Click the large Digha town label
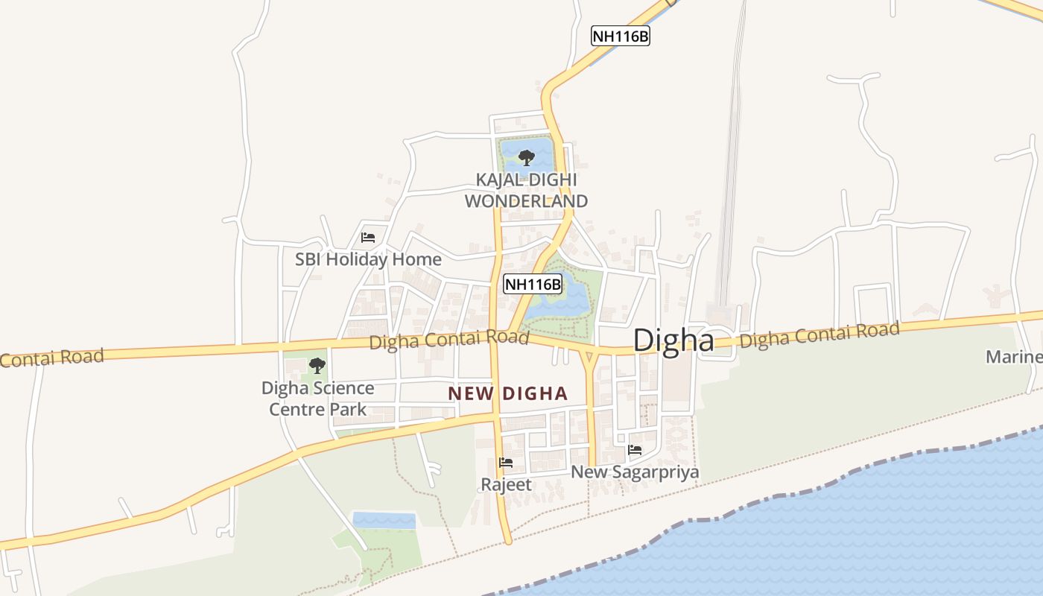673,340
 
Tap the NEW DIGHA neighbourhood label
508,393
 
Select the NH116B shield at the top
620,36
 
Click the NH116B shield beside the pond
532,284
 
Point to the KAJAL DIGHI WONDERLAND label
526,191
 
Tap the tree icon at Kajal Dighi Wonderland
527,157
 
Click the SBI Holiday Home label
368,259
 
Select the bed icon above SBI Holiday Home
367,238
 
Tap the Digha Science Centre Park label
317,399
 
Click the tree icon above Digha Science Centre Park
317,365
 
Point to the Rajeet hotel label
506,484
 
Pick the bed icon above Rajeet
506,462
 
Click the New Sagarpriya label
635,472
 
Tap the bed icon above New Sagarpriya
635,449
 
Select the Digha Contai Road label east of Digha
819,335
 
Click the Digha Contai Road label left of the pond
448,340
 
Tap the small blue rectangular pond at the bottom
384,520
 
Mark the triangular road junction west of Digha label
590,355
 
